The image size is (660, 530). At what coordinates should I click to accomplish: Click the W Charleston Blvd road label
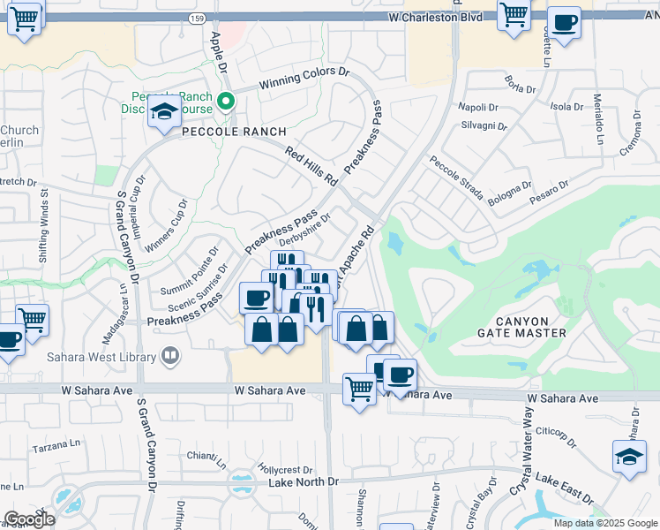coord(432,17)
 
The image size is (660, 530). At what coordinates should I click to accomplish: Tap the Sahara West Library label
coord(102,357)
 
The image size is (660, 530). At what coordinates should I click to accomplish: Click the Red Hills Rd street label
coord(311,166)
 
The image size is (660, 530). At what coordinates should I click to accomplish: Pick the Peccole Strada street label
coord(456,178)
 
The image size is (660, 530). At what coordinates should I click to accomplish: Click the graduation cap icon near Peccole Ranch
coord(164,111)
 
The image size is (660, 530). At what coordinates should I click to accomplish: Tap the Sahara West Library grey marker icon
coord(170,357)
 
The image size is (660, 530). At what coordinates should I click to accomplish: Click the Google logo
coord(30,519)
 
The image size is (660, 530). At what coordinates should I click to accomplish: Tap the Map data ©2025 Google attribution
coord(605,523)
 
